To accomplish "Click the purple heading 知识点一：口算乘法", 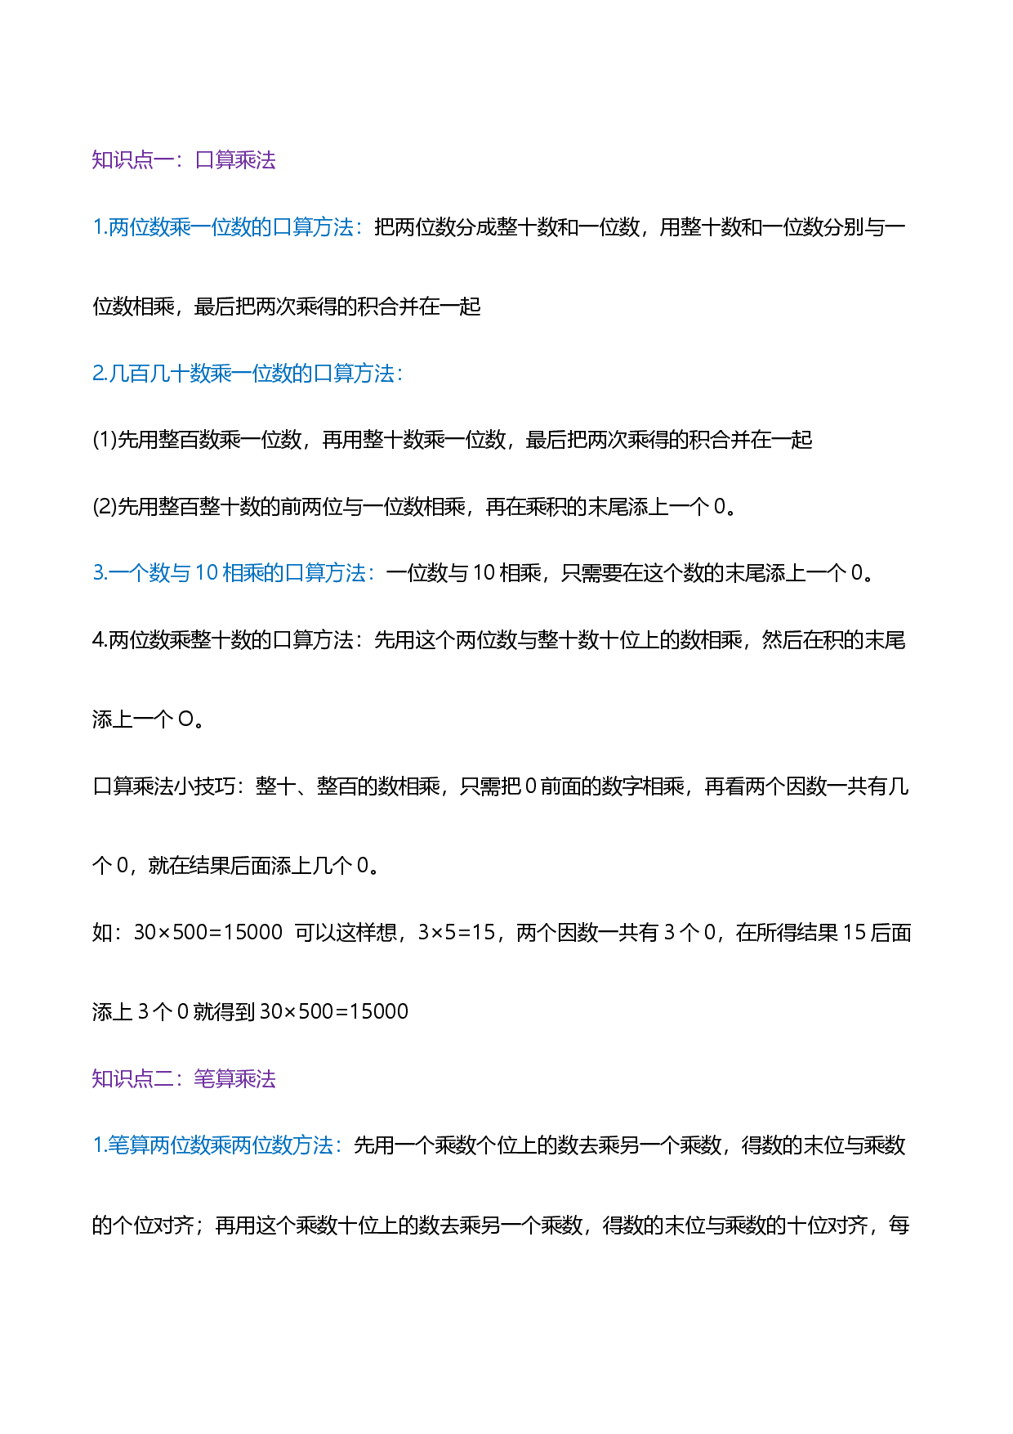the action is (x=184, y=160).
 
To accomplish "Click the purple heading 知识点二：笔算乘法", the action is (x=184, y=1079).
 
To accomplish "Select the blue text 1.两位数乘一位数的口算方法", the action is (x=223, y=227).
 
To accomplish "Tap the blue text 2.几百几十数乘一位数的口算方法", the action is (x=243, y=374).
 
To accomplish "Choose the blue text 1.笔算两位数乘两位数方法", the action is (x=213, y=1145).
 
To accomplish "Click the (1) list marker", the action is (x=105, y=440).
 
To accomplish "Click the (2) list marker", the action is (x=105, y=507).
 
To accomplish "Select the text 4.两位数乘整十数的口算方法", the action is (x=223, y=640).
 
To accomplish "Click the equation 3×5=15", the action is (x=457, y=933).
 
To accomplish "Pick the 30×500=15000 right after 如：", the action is (x=208, y=933).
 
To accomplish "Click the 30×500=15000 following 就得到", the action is (x=334, y=1012).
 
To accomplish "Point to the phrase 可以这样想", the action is (x=346, y=933).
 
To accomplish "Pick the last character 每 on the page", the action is (x=899, y=1226).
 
